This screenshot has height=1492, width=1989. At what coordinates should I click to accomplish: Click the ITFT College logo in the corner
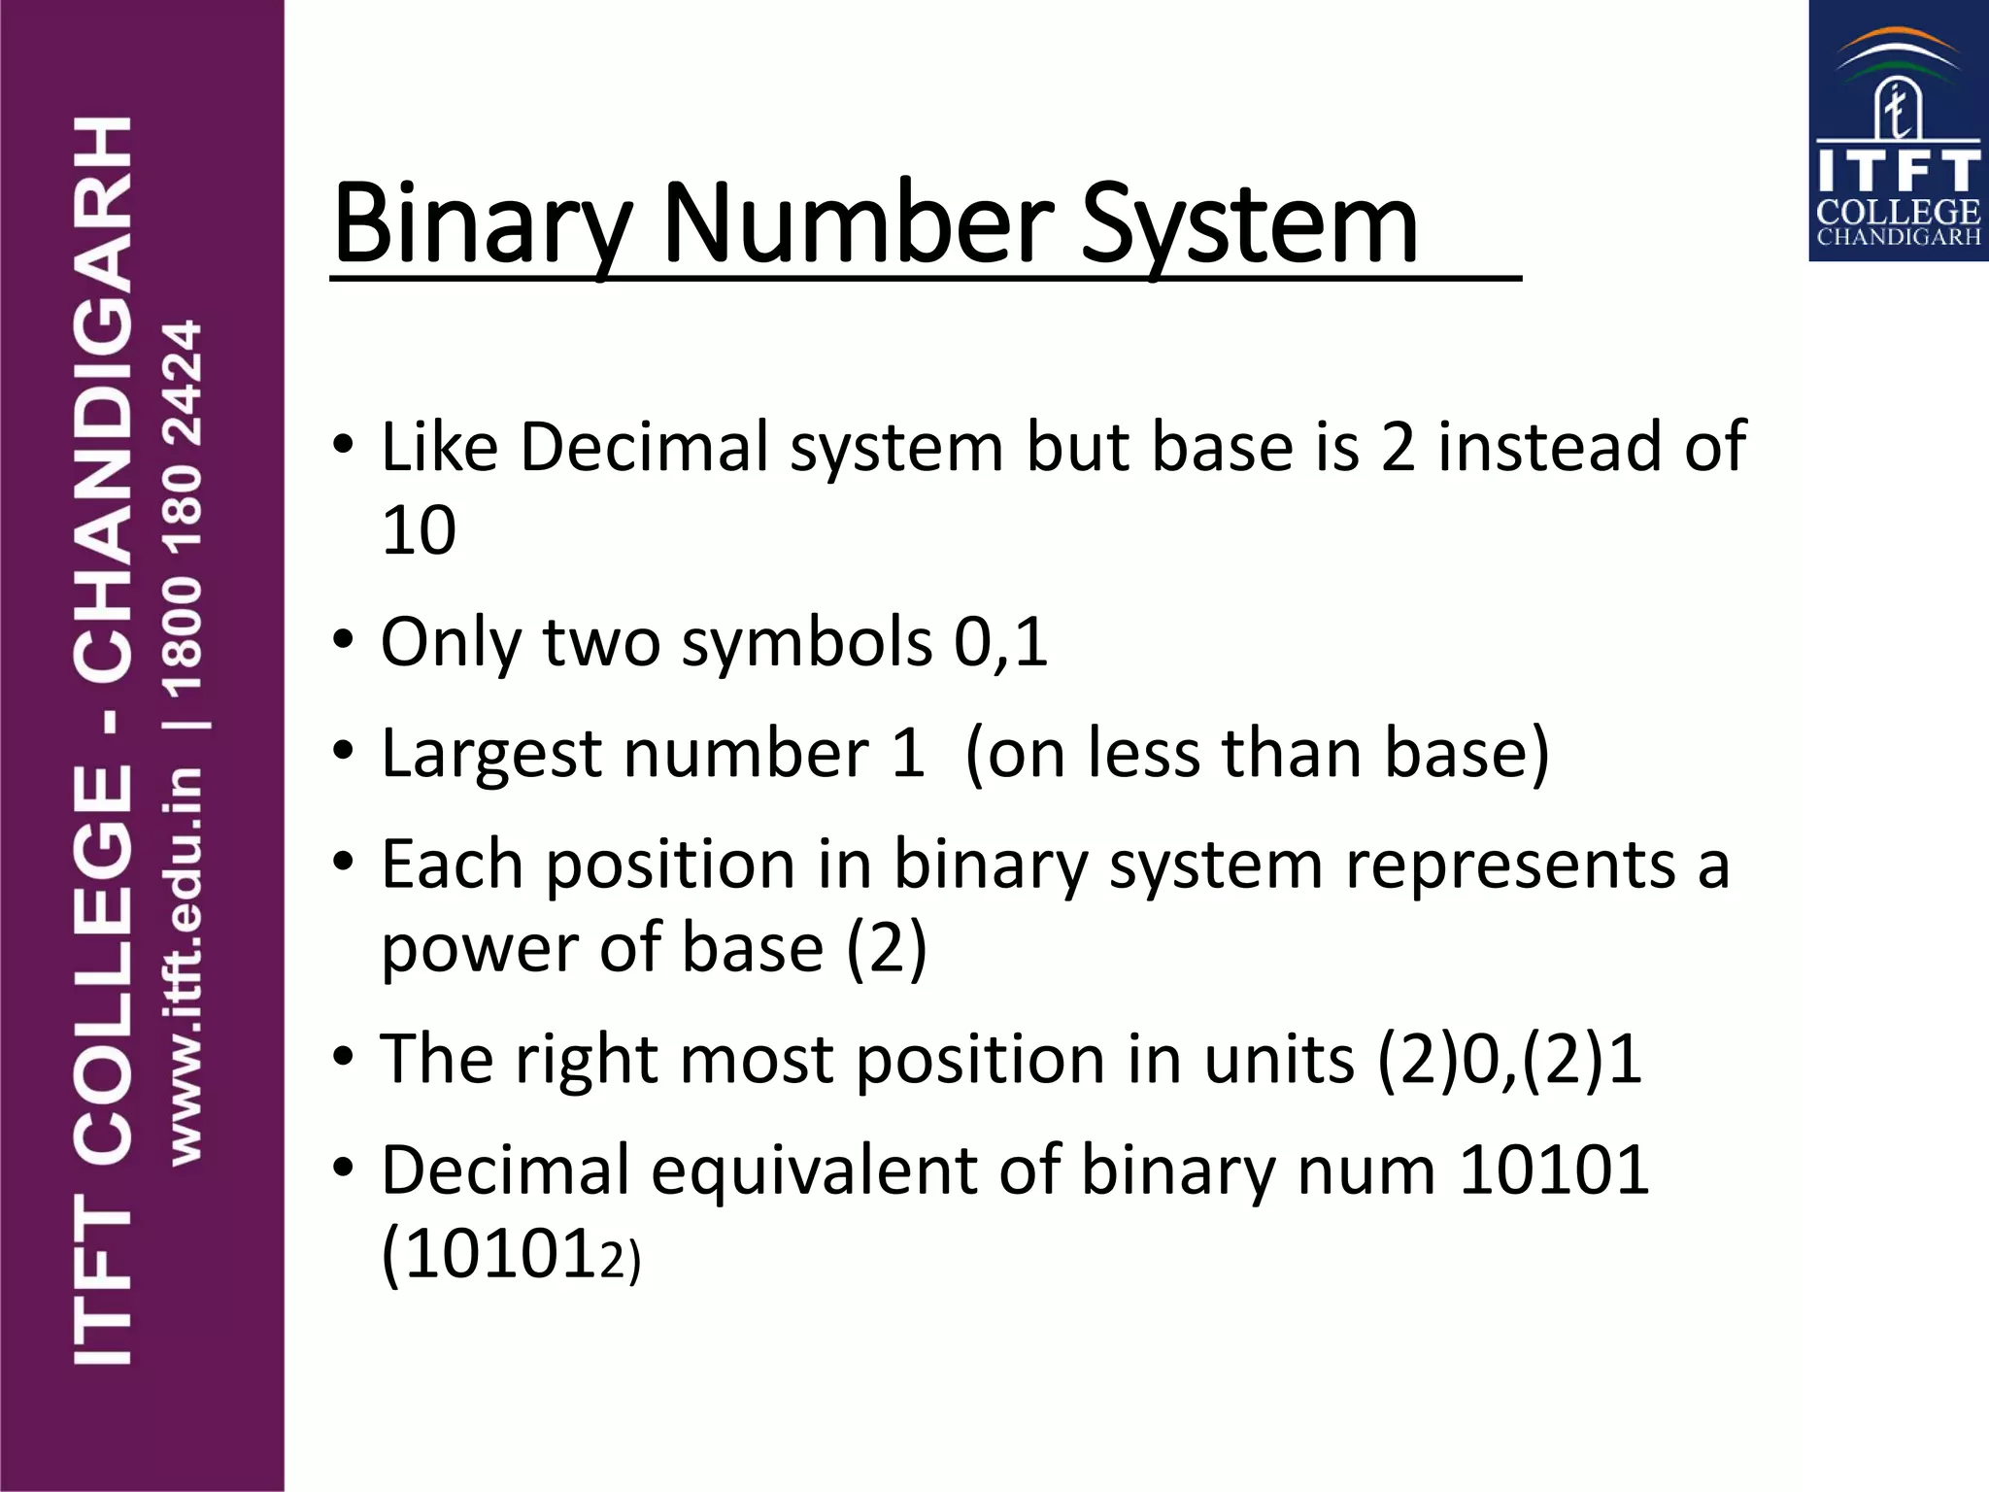(1898, 131)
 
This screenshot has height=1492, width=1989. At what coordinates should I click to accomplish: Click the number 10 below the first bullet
(419, 530)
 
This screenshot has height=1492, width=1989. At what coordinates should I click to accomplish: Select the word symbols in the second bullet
(806, 642)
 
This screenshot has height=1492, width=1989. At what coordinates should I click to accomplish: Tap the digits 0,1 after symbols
(1000, 642)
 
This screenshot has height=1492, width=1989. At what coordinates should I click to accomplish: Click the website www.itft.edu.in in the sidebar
(185, 966)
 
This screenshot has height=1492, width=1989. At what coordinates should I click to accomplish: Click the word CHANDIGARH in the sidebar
(103, 398)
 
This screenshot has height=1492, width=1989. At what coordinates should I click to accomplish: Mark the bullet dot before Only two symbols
(343, 640)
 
